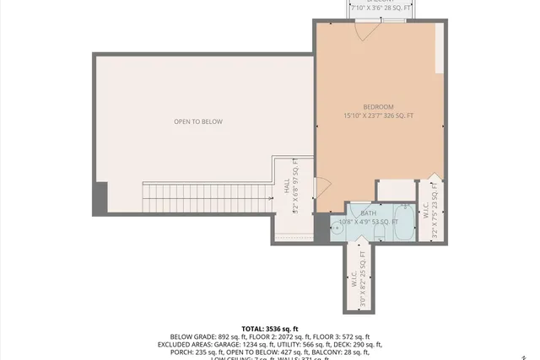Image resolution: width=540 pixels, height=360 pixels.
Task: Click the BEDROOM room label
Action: point(378,106)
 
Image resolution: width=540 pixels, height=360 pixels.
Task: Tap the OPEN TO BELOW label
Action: point(198,122)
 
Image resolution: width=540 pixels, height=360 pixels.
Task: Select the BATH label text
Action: point(369,213)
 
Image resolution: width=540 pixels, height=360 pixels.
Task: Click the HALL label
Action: point(287,182)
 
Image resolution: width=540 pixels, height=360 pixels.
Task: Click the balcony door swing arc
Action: point(363,30)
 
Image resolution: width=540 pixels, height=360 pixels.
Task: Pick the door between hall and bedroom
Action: point(321,186)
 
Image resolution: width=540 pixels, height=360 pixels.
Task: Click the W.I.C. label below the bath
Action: point(355,279)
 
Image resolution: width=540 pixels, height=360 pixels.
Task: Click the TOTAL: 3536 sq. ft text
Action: point(270,328)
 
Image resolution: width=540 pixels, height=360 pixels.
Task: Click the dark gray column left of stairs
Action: point(100,199)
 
